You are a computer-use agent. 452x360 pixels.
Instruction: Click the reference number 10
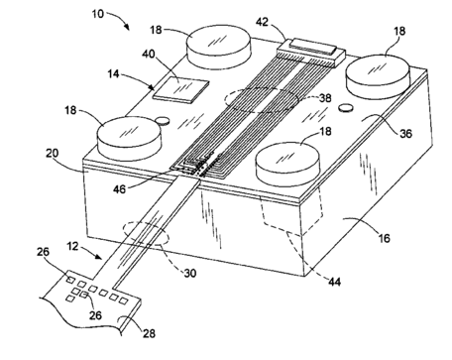click(98, 14)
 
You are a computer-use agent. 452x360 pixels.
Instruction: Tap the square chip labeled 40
click(180, 89)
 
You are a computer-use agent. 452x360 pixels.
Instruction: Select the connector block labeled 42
click(311, 53)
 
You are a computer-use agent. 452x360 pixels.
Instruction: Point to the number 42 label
click(263, 22)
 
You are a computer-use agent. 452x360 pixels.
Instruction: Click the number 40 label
click(149, 54)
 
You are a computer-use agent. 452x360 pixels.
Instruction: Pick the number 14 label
click(113, 73)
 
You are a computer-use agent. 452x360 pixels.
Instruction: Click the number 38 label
click(325, 98)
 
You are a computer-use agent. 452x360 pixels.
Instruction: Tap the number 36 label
click(405, 133)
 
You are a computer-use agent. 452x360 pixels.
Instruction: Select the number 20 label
click(52, 153)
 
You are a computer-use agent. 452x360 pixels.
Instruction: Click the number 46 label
click(119, 189)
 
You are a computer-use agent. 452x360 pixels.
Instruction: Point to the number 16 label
click(384, 238)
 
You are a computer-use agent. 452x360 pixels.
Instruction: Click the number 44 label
click(334, 282)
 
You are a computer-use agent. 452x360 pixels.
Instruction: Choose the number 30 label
click(190, 273)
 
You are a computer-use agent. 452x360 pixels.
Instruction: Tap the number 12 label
click(72, 246)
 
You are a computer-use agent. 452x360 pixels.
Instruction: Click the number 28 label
click(149, 333)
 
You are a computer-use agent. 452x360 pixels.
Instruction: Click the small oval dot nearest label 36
click(346, 108)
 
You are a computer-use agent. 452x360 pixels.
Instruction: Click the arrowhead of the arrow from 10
click(127, 28)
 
